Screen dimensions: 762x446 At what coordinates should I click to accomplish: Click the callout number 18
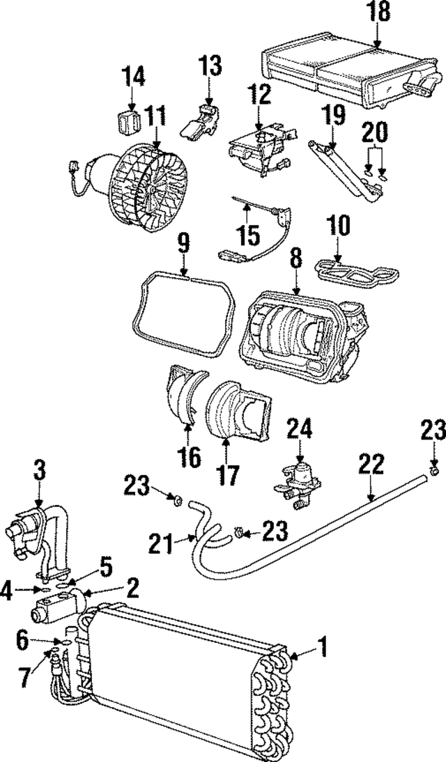point(376,12)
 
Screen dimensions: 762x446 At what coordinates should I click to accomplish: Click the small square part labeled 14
point(128,123)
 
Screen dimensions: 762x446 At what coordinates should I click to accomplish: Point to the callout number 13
point(209,68)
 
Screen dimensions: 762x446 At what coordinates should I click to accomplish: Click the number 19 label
point(333,114)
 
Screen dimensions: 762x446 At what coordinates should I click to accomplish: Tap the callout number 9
point(183,243)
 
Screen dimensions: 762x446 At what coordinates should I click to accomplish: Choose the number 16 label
point(189,458)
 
